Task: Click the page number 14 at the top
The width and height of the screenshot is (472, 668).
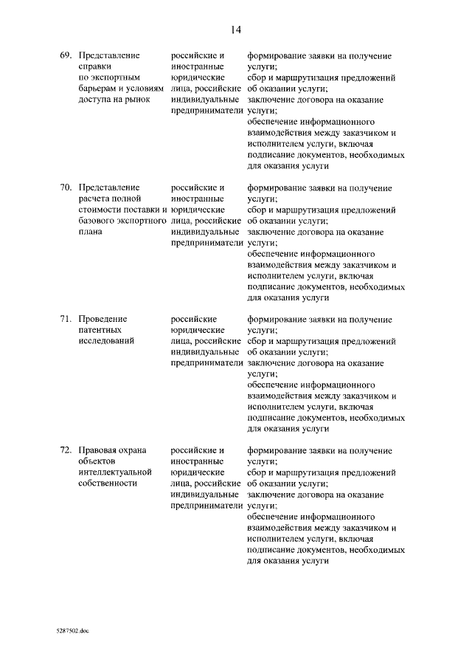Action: (x=236, y=30)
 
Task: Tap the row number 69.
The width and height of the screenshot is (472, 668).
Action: (x=66, y=56)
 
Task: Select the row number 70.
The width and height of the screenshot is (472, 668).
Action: (x=66, y=188)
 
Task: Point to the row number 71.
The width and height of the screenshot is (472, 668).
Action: (x=66, y=320)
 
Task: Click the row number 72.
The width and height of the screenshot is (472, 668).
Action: (x=66, y=450)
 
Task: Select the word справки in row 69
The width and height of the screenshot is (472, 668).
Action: (x=94, y=66)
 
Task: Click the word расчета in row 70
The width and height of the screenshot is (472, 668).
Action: (x=95, y=199)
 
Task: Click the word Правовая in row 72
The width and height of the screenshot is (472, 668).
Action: (x=97, y=450)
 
